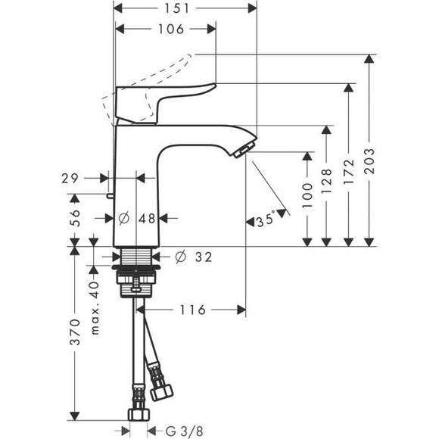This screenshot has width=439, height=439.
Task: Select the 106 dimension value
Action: click(x=172, y=30)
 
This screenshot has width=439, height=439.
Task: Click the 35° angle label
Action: click(x=265, y=221)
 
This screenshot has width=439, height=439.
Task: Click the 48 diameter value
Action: click(x=147, y=218)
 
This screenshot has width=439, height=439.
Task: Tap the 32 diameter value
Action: click(x=201, y=257)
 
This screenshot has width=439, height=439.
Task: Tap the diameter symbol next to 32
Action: click(x=180, y=257)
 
